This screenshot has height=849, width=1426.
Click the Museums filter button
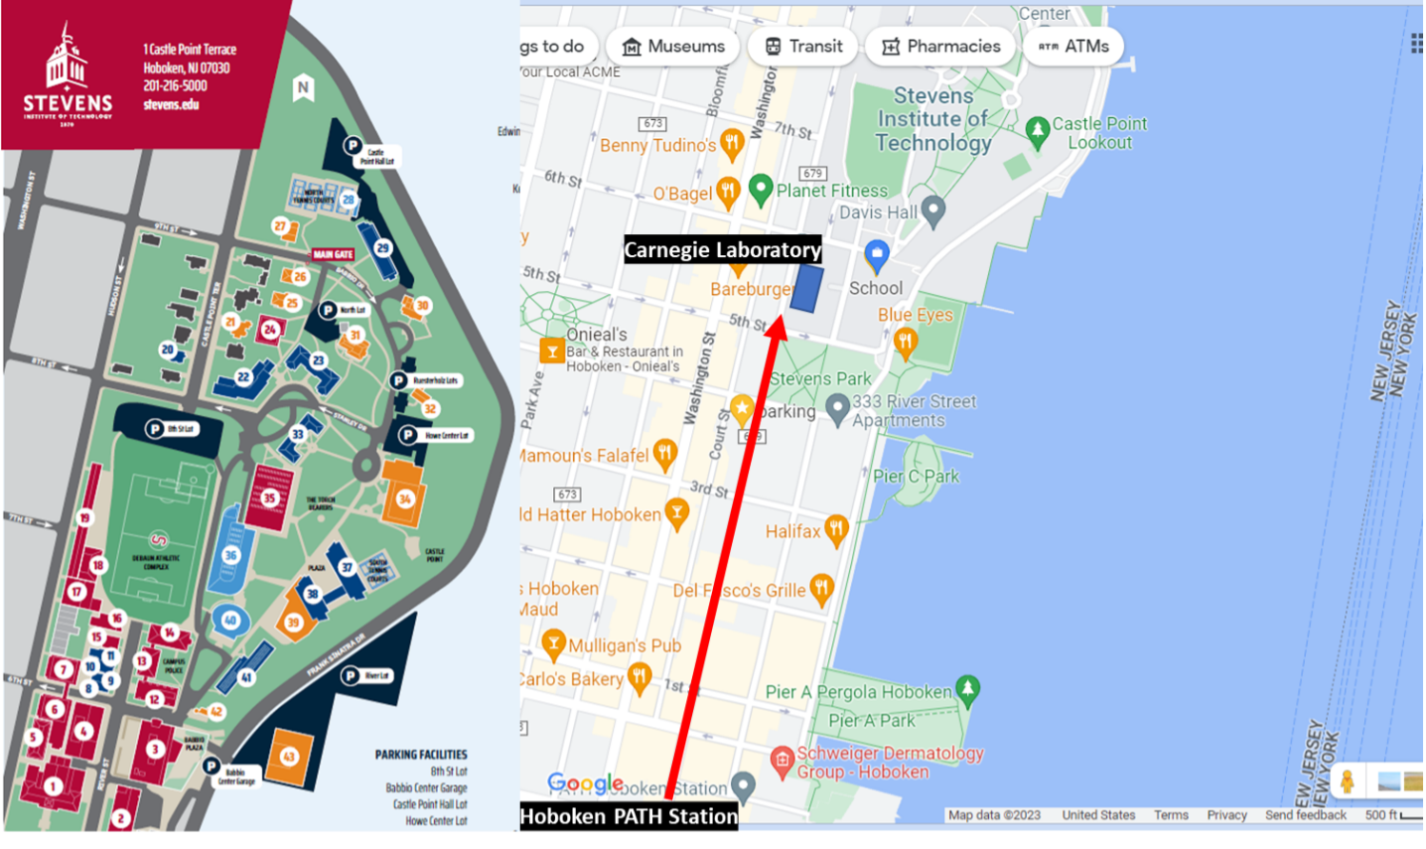coord(673,47)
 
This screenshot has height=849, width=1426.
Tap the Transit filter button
coord(803,47)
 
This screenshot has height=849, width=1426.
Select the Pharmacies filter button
coord(940,47)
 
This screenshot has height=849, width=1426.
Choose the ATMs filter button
coord(1073,47)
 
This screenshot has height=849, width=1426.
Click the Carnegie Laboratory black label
coord(722,250)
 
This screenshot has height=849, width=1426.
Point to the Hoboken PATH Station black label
coord(629,816)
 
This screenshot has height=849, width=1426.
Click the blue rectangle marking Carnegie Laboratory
coord(806,288)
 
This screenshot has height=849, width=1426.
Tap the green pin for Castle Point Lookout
coord(1038,130)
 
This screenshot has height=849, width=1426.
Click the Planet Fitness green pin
coord(761,188)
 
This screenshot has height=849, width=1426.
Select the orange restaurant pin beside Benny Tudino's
coord(733,142)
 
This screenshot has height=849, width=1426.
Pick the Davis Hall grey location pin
coord(932,210)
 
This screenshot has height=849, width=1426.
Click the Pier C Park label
coord(916,477)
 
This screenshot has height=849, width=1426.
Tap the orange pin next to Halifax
coord(836,529)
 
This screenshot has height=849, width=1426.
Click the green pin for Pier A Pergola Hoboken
coord(968,687)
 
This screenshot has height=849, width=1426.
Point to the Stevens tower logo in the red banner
coord(68,60)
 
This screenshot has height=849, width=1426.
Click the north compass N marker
coord(304,88)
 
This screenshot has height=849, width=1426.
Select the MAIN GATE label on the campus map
coord(333,254)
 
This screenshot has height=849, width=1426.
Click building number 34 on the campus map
coord(404,498)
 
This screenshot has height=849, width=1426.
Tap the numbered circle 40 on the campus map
coord(230,621)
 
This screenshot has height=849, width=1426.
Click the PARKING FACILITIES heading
coord(421,755)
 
